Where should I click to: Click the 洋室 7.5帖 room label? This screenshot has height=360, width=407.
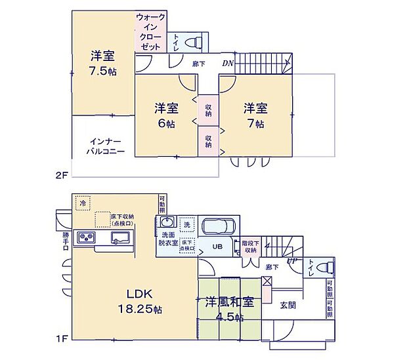coord(103,63)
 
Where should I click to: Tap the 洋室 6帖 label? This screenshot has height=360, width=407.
coord(166,114)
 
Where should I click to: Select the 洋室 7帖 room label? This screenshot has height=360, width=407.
coord(255,114)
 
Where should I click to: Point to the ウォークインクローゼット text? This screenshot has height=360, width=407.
coord(151,31)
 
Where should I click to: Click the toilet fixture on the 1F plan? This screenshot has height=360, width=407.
coord(322,268)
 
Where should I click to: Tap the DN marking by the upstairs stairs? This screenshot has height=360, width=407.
coord(228,64)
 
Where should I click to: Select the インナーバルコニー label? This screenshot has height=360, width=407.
coord(102,145)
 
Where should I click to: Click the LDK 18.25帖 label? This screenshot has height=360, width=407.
coord(133,300)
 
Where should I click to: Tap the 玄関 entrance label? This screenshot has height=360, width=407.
coord(288,305)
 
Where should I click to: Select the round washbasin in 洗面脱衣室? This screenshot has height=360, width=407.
coord(166,222)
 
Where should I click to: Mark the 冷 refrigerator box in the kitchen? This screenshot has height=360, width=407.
coord(83,204)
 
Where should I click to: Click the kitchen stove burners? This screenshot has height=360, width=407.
coord(87,237)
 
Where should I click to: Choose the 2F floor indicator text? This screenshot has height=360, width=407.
coord(61,175)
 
